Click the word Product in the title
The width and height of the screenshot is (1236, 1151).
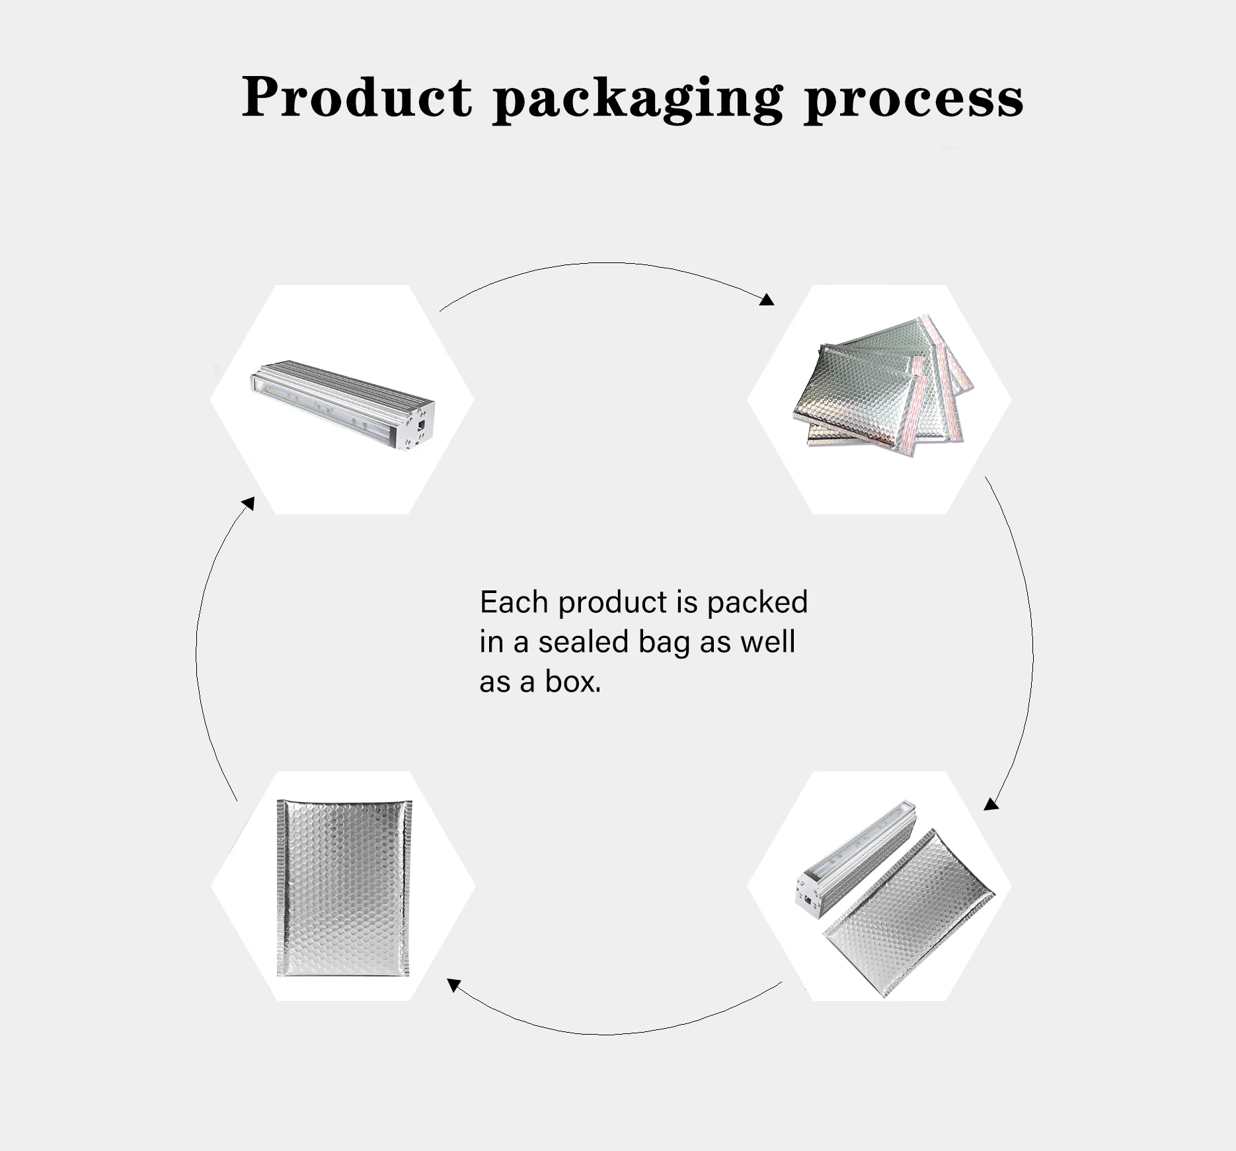pos(356,98)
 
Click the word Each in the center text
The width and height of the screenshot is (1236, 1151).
pos(514,602)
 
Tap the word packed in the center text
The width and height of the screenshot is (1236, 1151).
pos(757,603)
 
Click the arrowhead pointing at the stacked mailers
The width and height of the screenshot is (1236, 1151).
pos(767,300)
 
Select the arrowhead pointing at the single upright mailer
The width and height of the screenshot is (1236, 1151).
pos(453,986)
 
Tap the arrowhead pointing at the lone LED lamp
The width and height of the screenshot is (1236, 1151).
pos(248,504)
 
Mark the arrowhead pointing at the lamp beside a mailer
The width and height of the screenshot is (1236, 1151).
pos(991,804)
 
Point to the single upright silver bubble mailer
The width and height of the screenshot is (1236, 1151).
pos(344,887)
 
